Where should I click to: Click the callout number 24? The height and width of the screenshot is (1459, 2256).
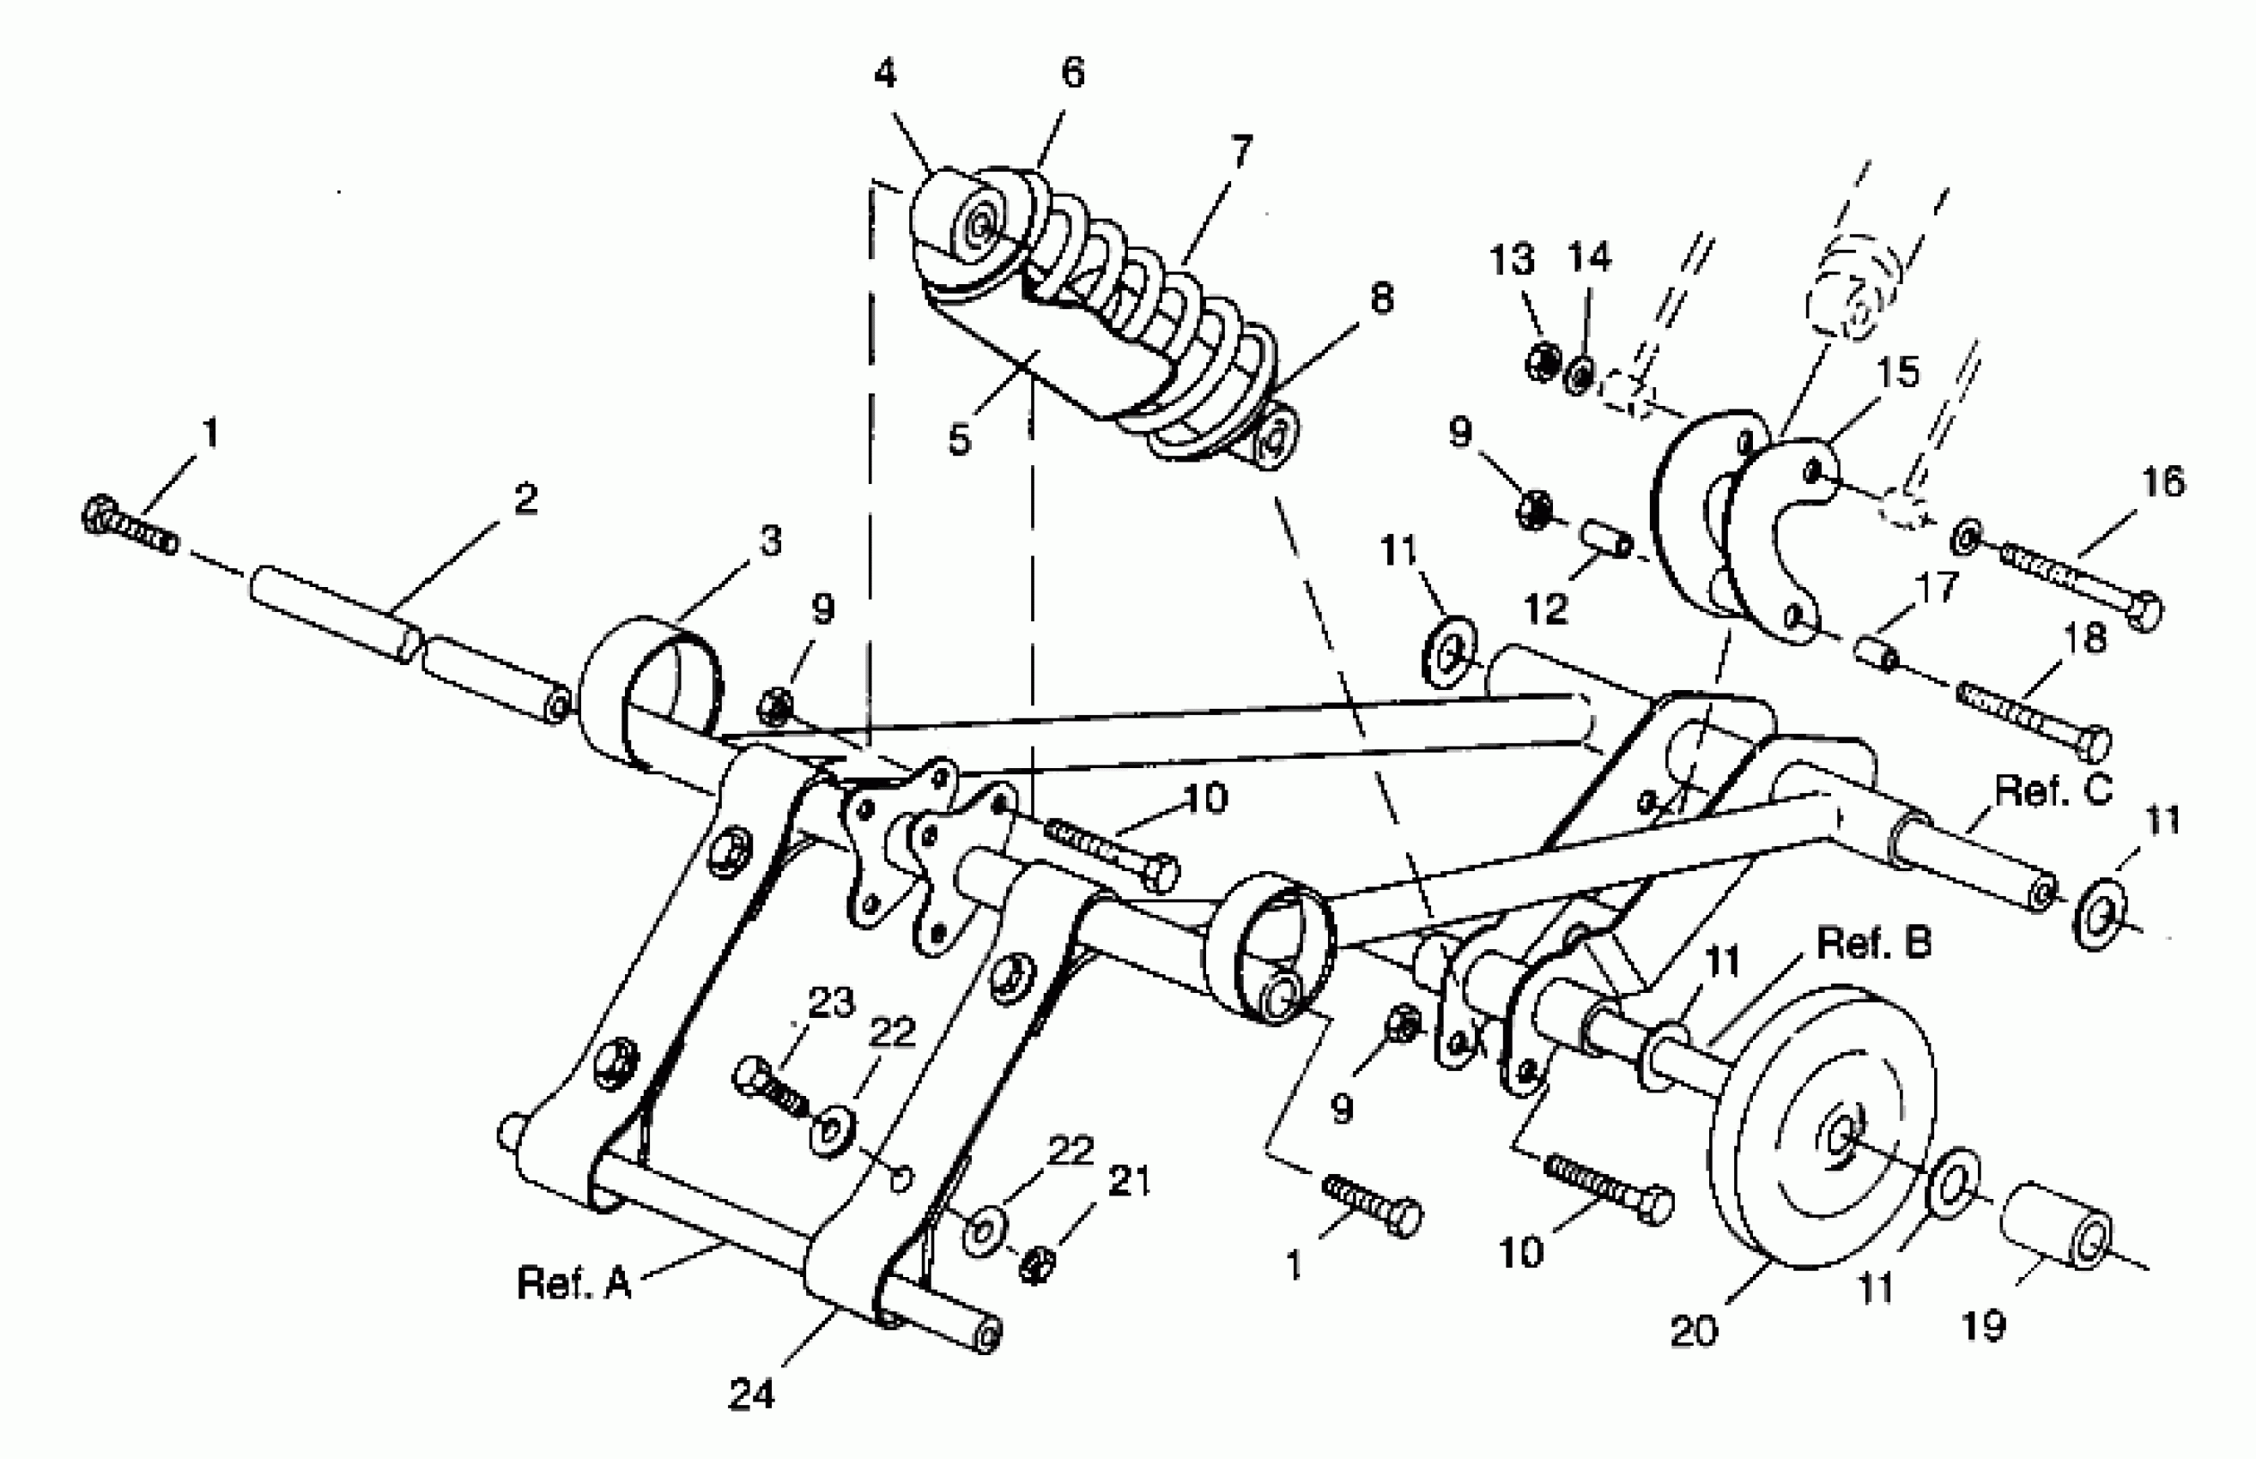[x=751, y=1394]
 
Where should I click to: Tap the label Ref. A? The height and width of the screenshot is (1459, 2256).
[x=574, y=1283]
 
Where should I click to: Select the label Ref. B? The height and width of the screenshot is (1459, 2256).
[x=1873, y=942]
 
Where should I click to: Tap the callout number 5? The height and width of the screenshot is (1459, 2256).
[x=959, y=439]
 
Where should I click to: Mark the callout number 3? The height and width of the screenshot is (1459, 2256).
[x=771, y=541]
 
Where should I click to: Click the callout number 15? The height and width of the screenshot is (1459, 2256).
[x=1898, y=372]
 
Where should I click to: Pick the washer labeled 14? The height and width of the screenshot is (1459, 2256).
[x=1580, y=376]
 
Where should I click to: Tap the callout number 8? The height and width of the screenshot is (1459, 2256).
[x=1381, y=299]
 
